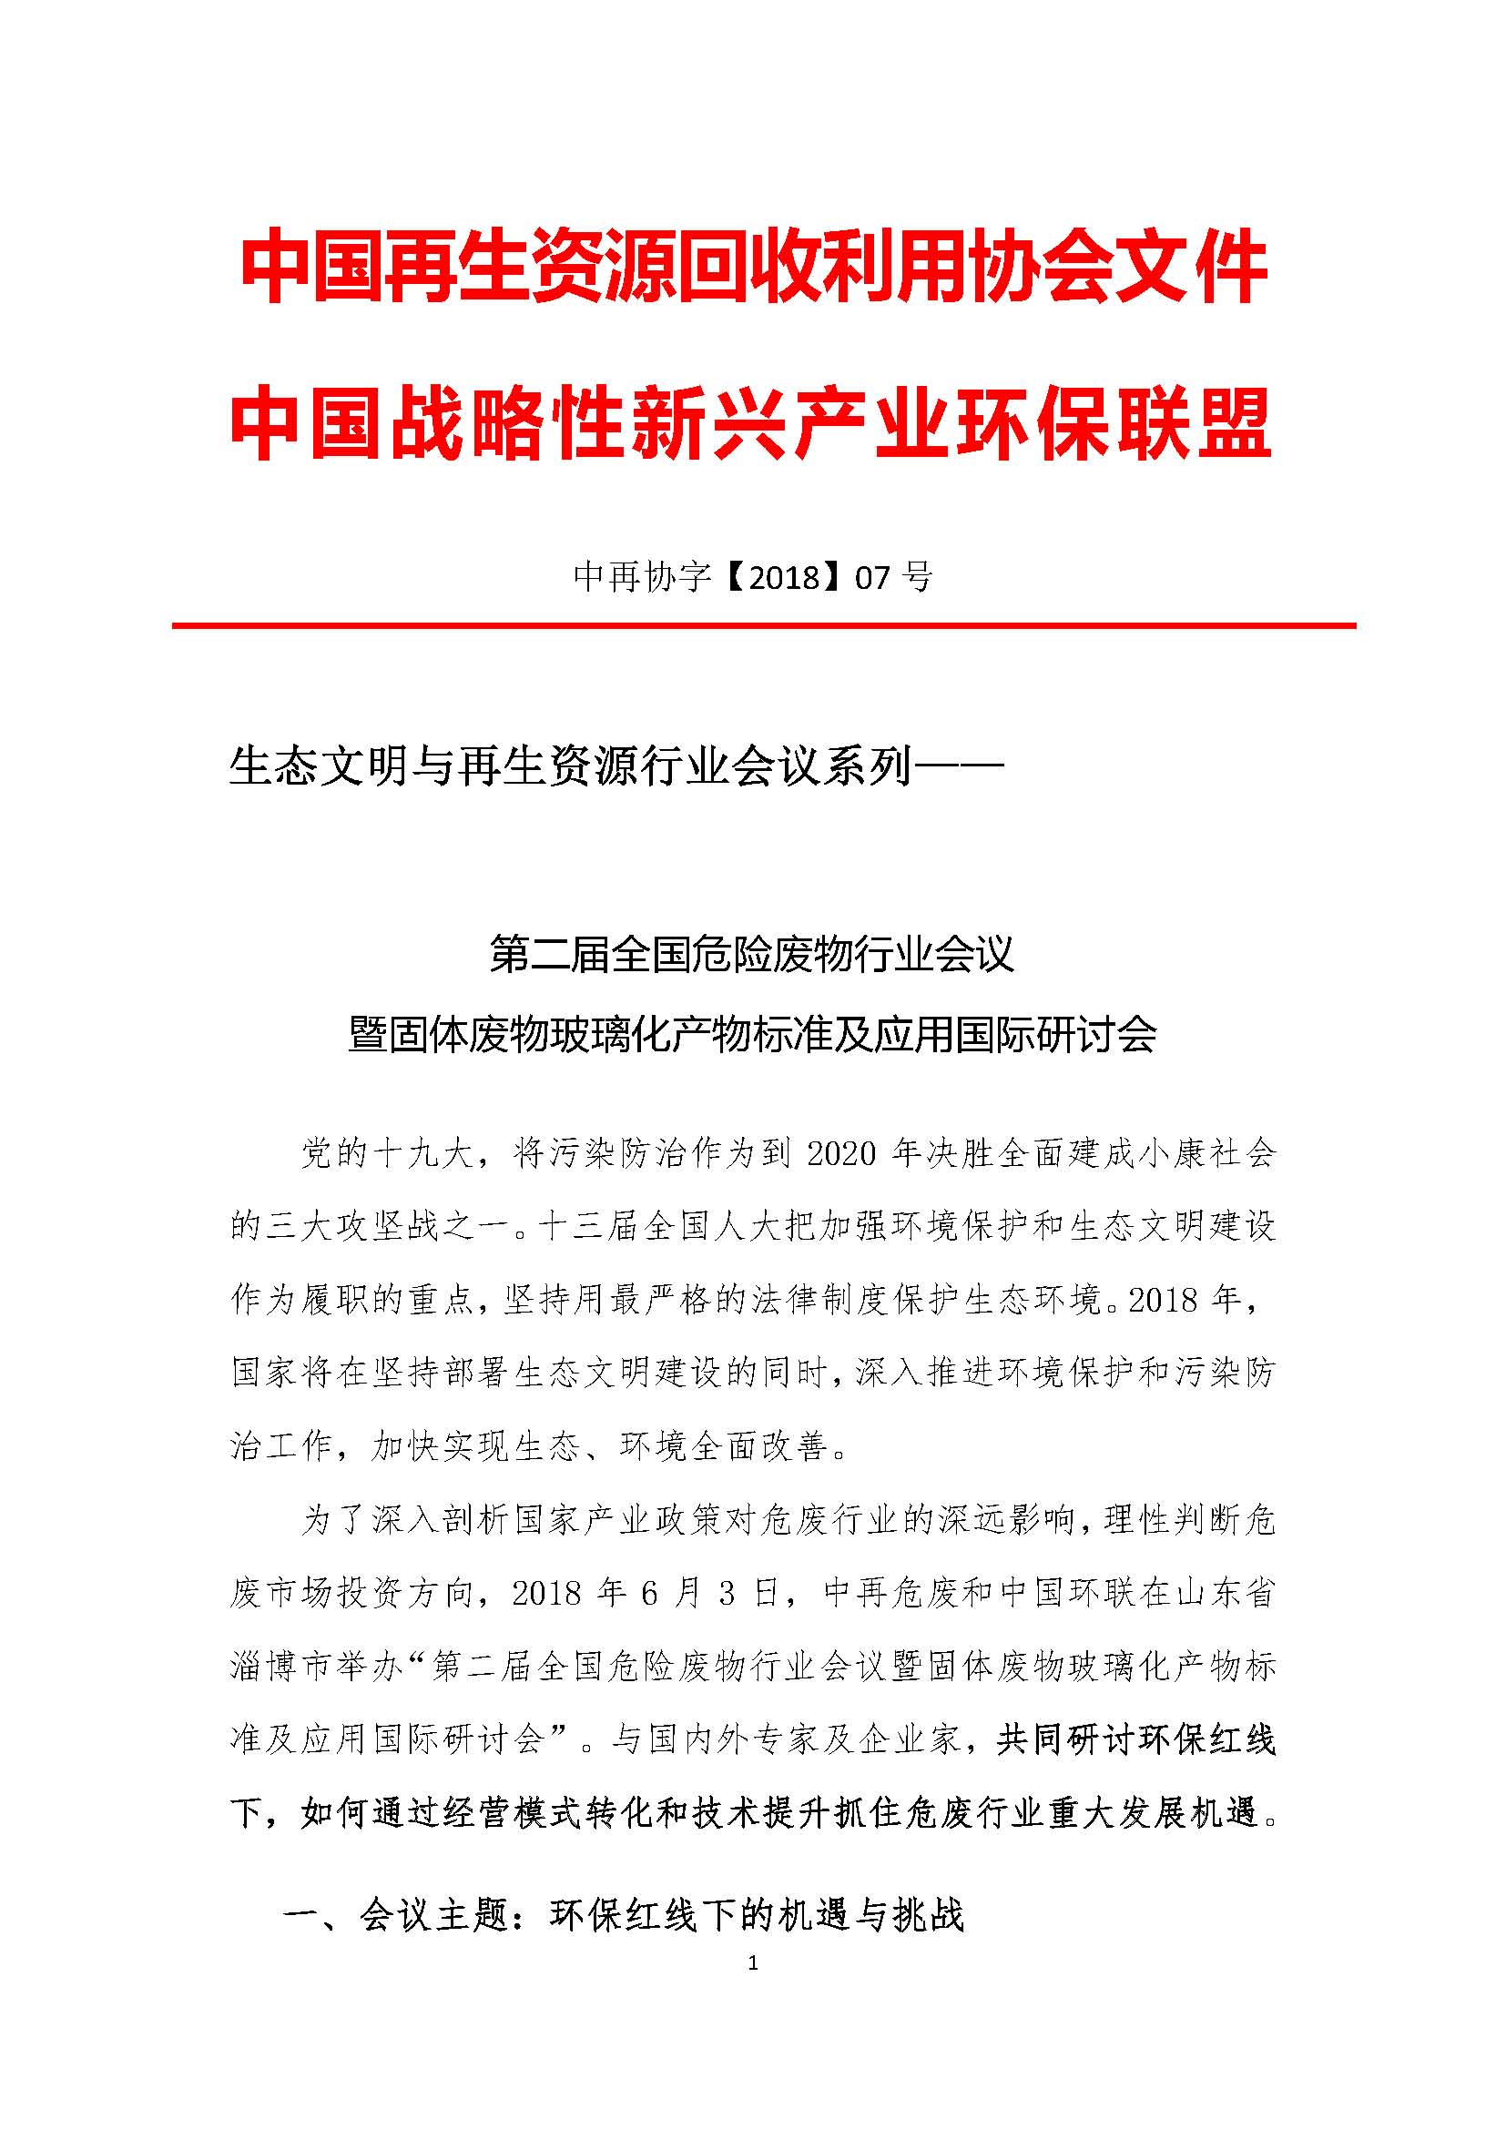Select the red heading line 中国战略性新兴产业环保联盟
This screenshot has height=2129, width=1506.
[x=751, y=424]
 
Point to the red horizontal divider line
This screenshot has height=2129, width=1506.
[x=764, y=626]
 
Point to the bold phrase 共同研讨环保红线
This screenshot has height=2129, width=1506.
[x=1136, y=1739]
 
